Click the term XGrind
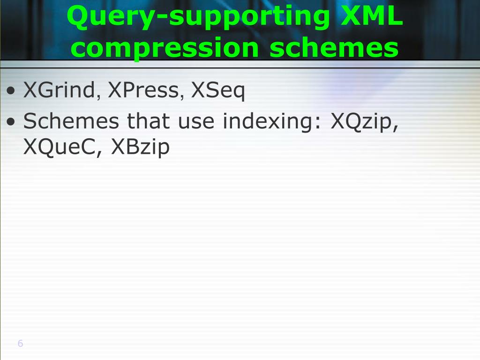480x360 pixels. pyautogui.click(x=59, y=90)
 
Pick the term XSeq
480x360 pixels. pyautogui.click(x=218, y=91)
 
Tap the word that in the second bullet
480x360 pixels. pyautogui.click(x=149, y=121)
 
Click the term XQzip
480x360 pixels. pyautogui.click(x=363, y=122)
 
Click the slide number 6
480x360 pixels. pyautogui.click(x=20, y=344)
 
